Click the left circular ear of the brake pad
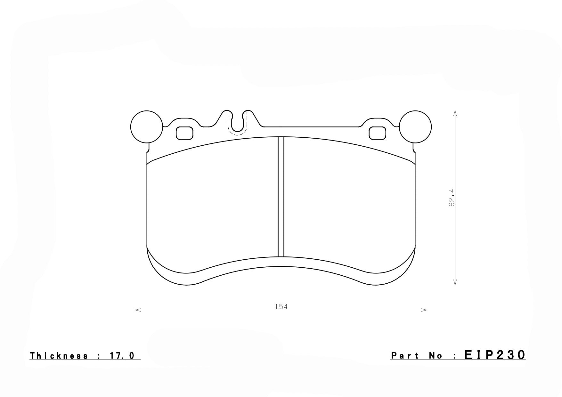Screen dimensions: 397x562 147,126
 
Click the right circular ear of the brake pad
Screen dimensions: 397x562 415,126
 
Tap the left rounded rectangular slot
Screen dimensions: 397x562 184,133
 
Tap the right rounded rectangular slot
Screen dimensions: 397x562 378,133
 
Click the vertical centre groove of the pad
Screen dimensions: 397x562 281,197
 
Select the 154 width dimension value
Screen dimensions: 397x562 281,307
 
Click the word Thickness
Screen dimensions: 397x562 59,356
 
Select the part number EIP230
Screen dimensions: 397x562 495,355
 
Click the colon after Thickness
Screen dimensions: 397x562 98,356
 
